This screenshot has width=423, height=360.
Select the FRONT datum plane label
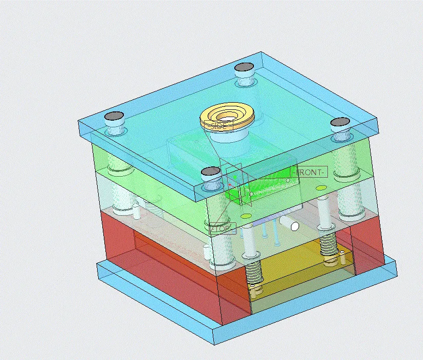tap(309, 172)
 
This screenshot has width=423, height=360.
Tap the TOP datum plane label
tap(223, 229)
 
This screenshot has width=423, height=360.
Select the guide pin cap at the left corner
tap(115, 117)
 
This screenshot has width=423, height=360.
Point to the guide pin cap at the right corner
tap(340, 122)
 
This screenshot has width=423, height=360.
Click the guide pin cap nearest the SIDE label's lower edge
tap(211, 172)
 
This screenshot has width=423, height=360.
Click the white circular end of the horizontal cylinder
tap(295, 225)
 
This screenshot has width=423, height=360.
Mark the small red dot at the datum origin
tap(229, 184)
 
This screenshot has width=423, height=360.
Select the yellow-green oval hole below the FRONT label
tap(321, 188)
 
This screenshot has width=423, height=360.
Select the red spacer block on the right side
tap(367, 247)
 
